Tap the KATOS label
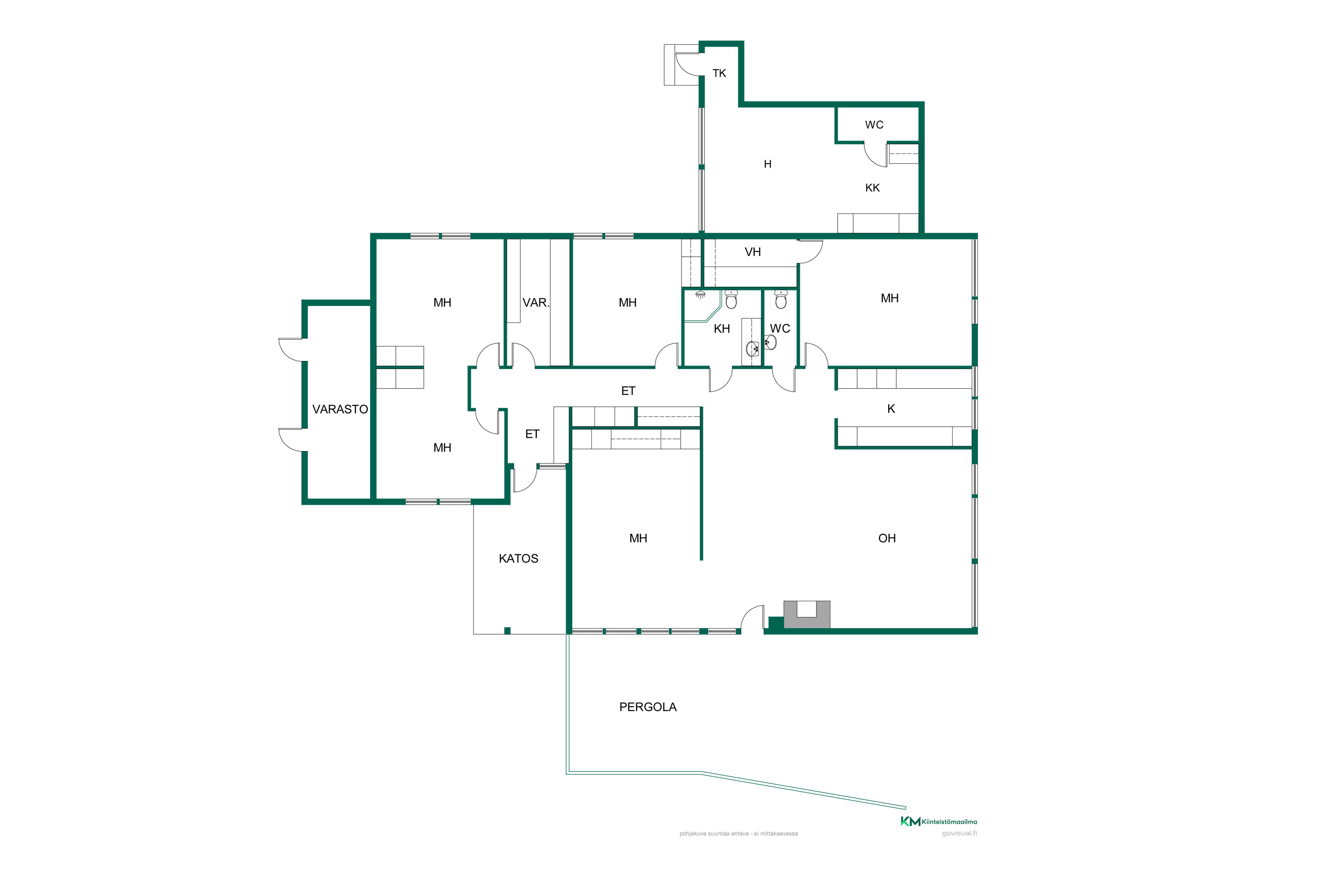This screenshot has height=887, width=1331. (518, 559)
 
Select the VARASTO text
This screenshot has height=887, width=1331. (340, 409)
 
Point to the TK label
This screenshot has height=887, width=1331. (719, 74)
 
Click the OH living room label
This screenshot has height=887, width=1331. (887, 538)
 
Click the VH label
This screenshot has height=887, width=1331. (752, 252)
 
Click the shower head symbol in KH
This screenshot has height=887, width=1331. (701, 295)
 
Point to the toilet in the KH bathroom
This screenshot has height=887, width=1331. (731, 300)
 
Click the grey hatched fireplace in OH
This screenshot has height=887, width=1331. (807, 614)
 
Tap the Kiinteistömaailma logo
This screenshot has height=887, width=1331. (939, 821)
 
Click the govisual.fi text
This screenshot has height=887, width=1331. (959, 833)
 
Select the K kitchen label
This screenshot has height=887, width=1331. (891, 409)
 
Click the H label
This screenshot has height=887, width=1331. (768, 165)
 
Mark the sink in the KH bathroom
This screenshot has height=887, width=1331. (752, 349)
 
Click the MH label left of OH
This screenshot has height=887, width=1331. (638, 538)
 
